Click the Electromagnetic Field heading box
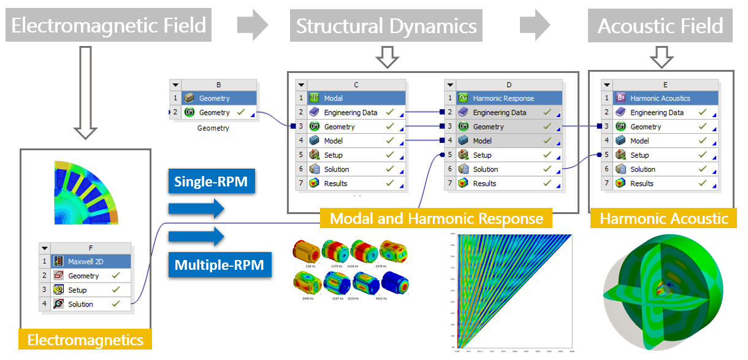(x=109, y=26)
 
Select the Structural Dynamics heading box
(x=386, y=26)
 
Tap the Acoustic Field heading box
(x=660, y=26)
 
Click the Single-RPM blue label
(x=212, y=182)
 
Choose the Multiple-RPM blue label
(x=219, y=265)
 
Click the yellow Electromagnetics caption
(x=85, y=340)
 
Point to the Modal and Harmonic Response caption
(x=436, y=218)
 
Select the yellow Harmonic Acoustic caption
(x=663, y=218)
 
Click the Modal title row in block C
(x=356, y=98)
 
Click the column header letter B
(x=218, y=85)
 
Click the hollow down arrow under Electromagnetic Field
(x=86, y=92)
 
